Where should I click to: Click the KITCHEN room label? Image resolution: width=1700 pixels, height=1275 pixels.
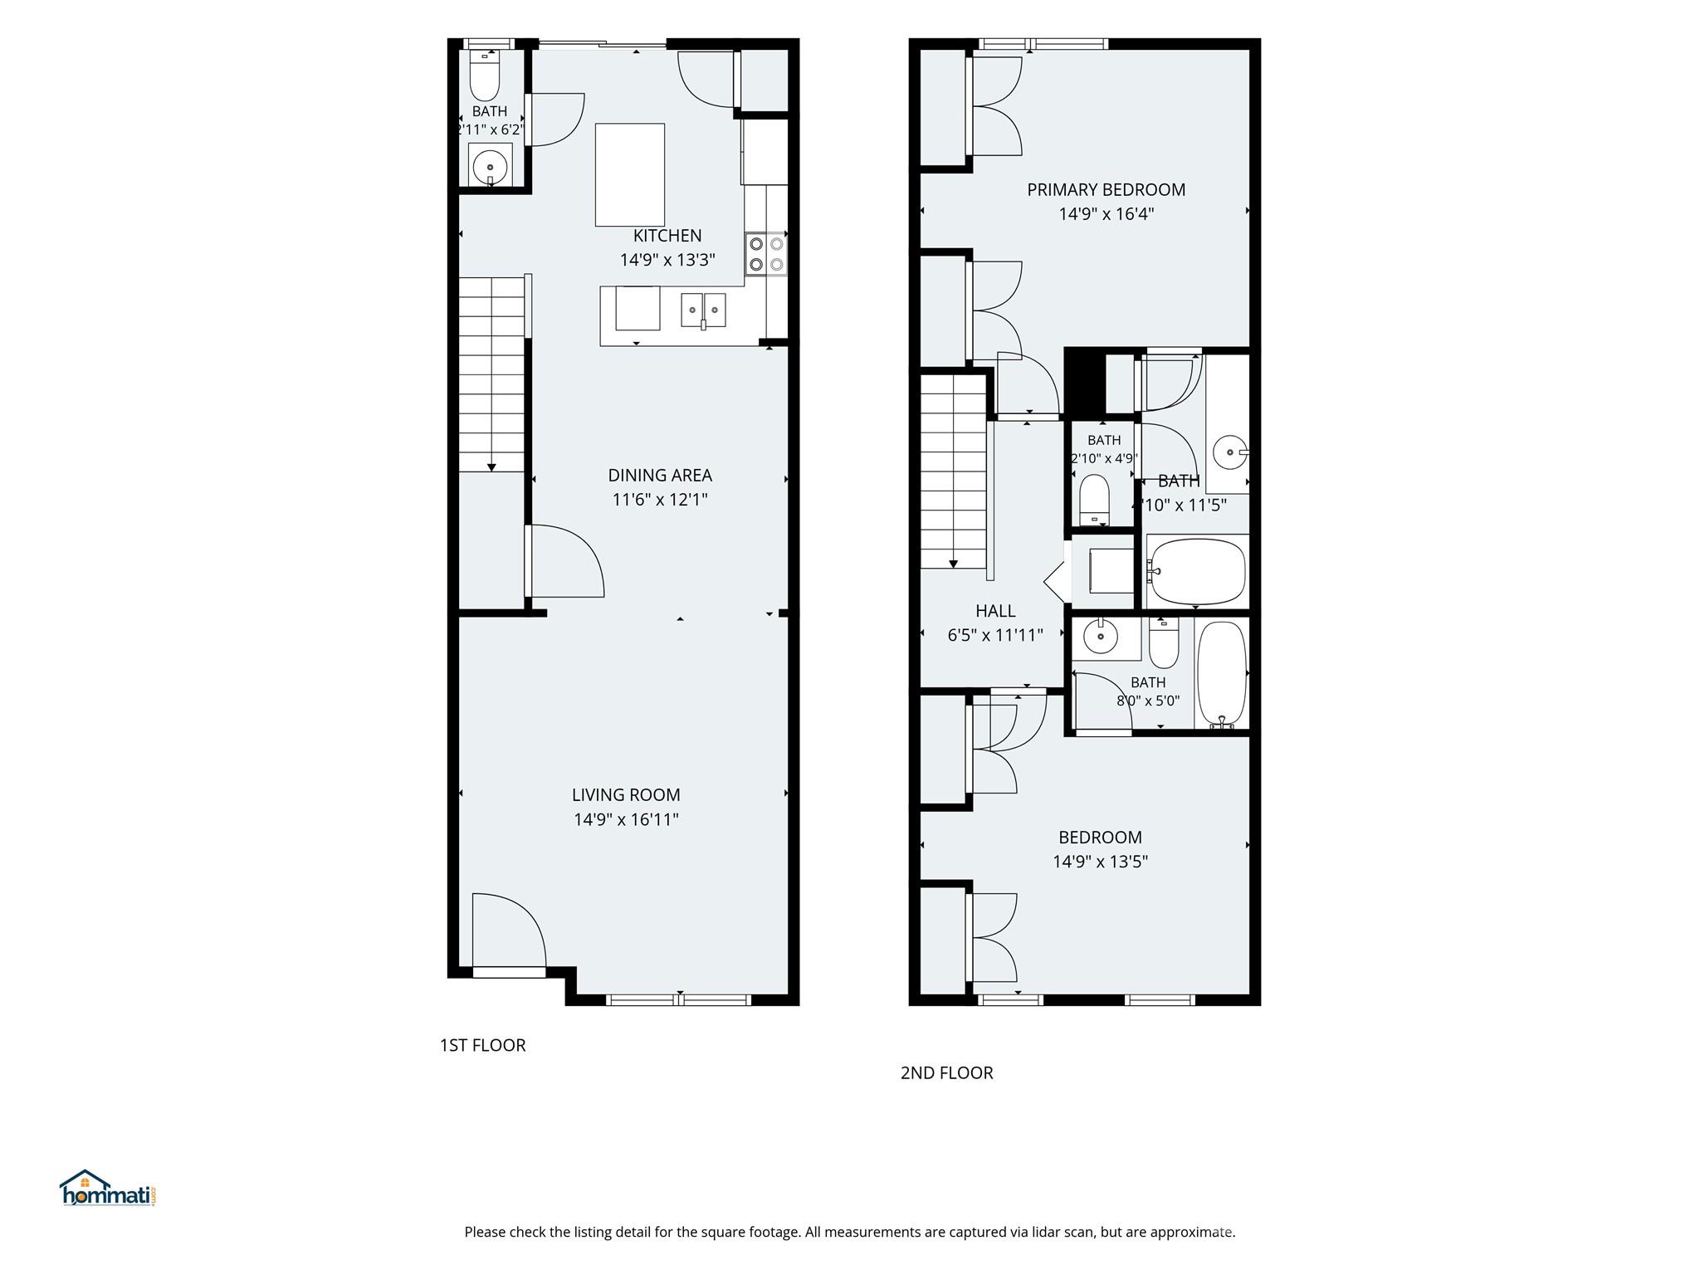(667, 236)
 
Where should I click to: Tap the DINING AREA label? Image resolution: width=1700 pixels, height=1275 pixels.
(660, 476)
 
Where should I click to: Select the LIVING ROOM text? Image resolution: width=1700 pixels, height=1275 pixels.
(626, 795)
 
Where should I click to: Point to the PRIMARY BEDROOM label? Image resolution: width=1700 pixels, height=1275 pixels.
(1106, 190)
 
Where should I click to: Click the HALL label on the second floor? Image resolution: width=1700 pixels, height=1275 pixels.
(995, 612)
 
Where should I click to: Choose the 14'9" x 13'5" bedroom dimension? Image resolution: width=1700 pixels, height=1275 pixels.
(1100, 862)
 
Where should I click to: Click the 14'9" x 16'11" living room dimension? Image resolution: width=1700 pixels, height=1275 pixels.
(626, 820)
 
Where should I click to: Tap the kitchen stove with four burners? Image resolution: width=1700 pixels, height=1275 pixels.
(766, 253)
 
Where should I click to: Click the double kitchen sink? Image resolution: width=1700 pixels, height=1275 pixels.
(704, 310)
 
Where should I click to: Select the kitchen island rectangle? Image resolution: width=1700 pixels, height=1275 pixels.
(630, 174)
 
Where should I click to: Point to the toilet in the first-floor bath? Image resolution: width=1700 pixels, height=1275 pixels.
(484, 76)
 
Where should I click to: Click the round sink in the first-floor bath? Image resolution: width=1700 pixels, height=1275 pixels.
(490, 167)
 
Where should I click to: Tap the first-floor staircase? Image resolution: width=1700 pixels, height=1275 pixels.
(492, 374)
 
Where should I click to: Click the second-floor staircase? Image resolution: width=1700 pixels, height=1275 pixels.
(954, 471)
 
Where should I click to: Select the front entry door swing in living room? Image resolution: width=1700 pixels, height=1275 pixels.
(509, 930)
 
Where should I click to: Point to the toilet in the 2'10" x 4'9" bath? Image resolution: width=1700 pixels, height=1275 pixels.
(1095, 501)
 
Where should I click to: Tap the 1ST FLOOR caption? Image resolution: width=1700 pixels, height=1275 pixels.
(482, 1045)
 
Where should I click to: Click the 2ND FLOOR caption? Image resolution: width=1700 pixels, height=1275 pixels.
(946, 1072)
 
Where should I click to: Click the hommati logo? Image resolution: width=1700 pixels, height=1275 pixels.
(108, 1188)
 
